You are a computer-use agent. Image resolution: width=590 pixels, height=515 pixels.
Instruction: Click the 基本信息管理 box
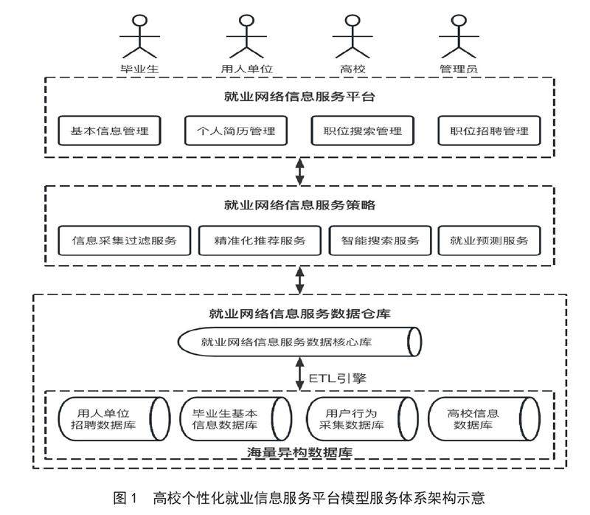(x=109, y=131)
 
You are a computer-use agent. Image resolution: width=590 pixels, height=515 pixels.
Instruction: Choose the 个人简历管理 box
(x=235, y=131)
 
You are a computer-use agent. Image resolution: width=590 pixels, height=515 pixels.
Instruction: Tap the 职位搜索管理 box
(x=362, y=131)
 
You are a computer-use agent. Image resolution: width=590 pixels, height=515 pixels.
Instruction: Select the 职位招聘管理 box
(x=489, y=131)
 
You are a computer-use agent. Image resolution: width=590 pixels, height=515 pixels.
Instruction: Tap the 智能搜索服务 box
(x=380, y=241)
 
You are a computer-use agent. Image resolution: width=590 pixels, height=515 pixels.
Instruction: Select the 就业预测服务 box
(x=488, y=241)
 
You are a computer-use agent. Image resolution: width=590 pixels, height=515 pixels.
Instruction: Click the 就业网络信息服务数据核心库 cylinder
(x=299, y=342)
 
